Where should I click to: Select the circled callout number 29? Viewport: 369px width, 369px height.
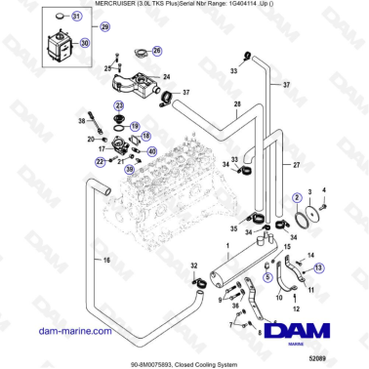point(105,27)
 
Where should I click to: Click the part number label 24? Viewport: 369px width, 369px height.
point(165,77)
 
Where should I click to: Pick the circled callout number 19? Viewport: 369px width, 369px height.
point(135,126)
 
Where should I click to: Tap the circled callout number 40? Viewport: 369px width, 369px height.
point(150,151)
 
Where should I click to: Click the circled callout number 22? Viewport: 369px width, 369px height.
point(100,161)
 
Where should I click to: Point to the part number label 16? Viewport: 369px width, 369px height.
point(96,259)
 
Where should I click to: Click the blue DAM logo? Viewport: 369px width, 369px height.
point(305,335)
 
